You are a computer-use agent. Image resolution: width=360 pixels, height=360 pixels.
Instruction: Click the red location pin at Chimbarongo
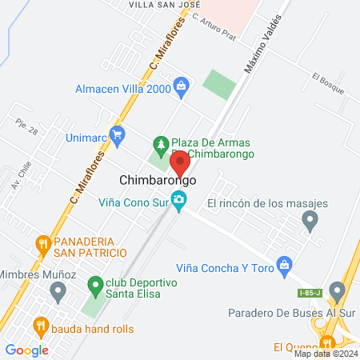click(x=180, y=162)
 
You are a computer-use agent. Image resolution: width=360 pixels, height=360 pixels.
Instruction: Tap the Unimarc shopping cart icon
click(x=118, y=134)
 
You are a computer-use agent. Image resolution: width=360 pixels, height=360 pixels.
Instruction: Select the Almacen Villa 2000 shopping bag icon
click(x=182, y=84)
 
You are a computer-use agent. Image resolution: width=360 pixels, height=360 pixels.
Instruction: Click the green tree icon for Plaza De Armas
click(x=160, y=144)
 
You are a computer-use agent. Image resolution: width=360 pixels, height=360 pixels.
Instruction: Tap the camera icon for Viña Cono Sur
click(x=181, y=202)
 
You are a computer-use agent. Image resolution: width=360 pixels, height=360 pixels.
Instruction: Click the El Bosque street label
click(x=328, y=83)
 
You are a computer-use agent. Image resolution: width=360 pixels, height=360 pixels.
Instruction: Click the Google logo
click(x=26, y=350)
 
